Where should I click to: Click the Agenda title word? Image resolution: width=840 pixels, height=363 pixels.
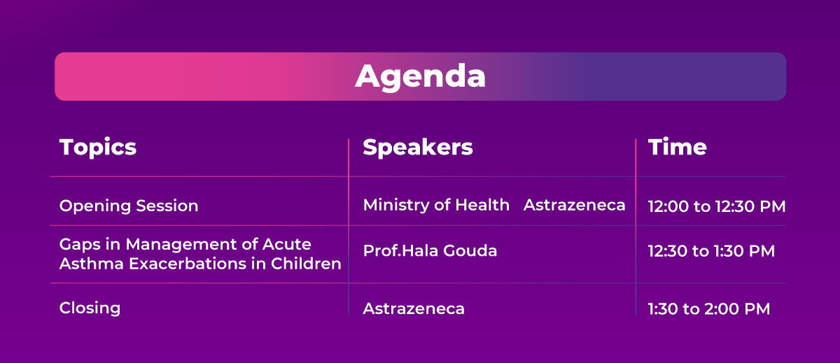click(421, 77)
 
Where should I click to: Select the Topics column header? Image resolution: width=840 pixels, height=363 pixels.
click(98, 147)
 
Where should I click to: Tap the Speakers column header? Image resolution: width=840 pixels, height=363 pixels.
click(418, 147)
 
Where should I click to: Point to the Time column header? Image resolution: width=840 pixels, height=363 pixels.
click(678, 147)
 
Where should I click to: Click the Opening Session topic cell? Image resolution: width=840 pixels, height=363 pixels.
click(129, 206)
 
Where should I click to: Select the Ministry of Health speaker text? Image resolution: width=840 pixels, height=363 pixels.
click(436, 205)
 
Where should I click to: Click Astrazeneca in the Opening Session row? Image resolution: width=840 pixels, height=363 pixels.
click(575, 206)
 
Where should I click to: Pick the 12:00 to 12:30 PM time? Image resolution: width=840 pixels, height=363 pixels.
click(717, 206)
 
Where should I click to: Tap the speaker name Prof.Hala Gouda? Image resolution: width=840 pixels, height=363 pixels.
click(430, 250)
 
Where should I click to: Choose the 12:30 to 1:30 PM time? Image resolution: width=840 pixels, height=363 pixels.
click(711, 251)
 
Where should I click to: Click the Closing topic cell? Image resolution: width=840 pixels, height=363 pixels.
click(90, 308)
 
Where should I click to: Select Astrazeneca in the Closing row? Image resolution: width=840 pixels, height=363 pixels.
click(414, 309)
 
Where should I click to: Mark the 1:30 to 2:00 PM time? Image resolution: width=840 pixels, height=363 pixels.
click(709, 309)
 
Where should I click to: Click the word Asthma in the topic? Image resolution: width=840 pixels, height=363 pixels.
click(92, 264)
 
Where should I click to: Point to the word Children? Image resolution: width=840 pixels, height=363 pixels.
click(306, 264)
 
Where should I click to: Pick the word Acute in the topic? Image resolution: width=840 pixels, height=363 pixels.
click(286, 244)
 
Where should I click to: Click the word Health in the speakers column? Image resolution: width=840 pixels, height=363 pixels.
click(482, 205)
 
